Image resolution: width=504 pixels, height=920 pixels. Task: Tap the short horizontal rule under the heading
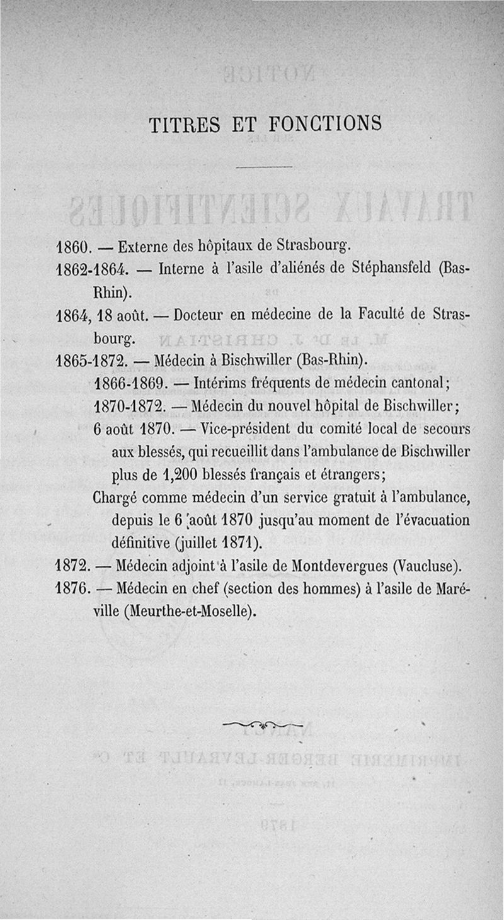[265, 167]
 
